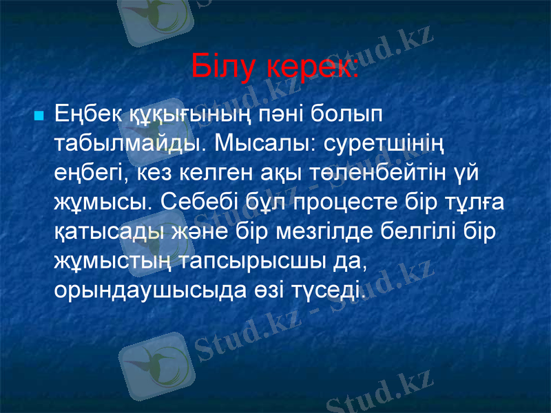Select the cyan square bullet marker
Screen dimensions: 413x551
[x=39, y=113]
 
